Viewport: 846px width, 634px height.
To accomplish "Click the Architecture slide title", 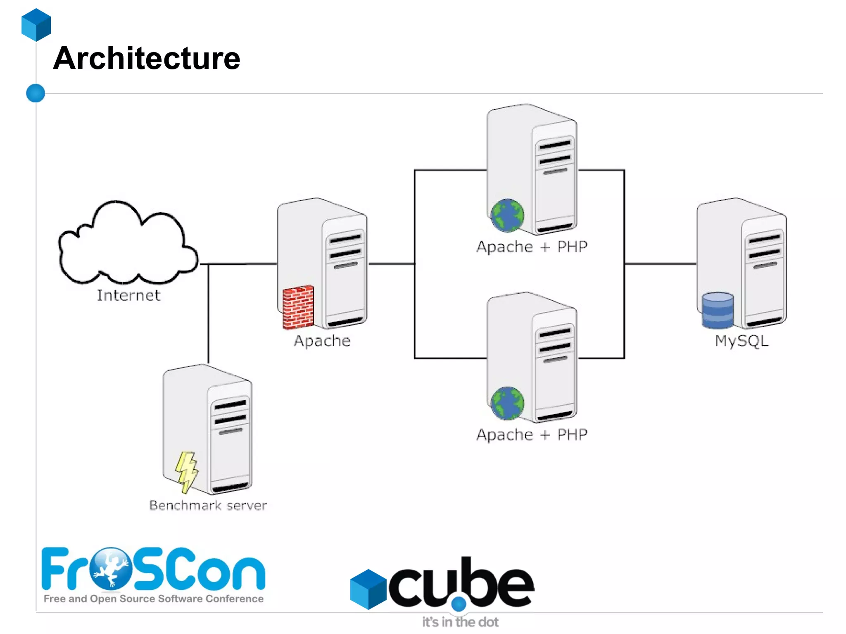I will point(147,58).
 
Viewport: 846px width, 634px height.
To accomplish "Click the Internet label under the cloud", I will point(128,295).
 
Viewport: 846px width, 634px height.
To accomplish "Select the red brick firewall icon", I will point(298,307).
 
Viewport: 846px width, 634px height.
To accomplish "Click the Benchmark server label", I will point(208,505).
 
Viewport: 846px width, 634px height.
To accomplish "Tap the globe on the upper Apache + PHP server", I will point(507,215).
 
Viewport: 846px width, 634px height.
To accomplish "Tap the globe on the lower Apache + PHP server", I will point(507,403).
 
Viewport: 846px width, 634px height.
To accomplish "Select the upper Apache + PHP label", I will point(532,247).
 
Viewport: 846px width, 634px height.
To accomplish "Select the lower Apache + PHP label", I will point(532,435).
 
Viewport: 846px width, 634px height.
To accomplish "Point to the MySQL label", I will point(741,341).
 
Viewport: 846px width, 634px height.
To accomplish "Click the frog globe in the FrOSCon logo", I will point(110,568).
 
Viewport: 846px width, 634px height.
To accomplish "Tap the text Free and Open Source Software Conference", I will point(154,598).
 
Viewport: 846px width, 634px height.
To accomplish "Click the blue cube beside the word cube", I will point(368,589).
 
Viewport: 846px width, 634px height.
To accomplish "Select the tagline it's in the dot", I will point(460,622).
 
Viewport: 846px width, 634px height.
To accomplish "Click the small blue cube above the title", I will point(36,25).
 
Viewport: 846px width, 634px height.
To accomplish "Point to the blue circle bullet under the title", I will point(36,93).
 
